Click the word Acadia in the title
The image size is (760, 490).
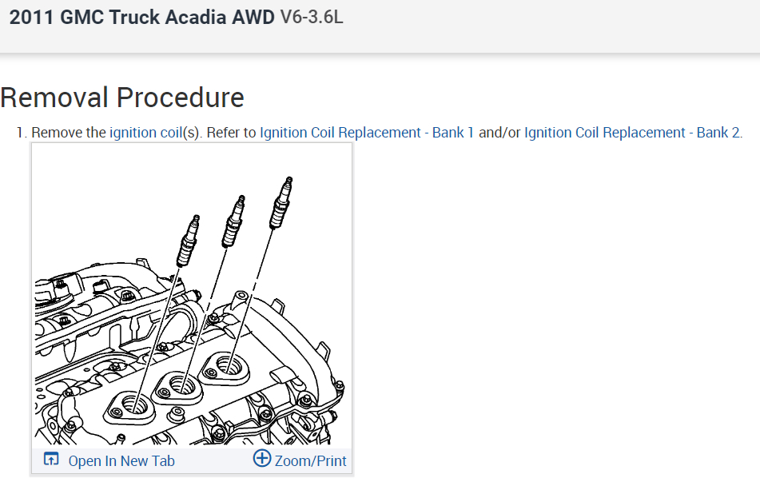(197, 17)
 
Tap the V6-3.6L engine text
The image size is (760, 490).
(312, 17)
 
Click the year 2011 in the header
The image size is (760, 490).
(31, 17)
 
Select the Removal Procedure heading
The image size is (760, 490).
(122, 98)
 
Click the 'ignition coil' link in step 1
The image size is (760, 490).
(145, 133)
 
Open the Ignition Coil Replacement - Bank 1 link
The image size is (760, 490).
(367, 133)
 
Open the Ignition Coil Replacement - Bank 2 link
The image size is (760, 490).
(632, 133)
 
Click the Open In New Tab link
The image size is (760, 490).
(121, 460)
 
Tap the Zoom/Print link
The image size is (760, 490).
(311, 460)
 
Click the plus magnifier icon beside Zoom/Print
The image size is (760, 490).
(262, 459)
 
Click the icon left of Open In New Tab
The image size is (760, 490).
(51, 460)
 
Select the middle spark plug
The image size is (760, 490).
(233, 221)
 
